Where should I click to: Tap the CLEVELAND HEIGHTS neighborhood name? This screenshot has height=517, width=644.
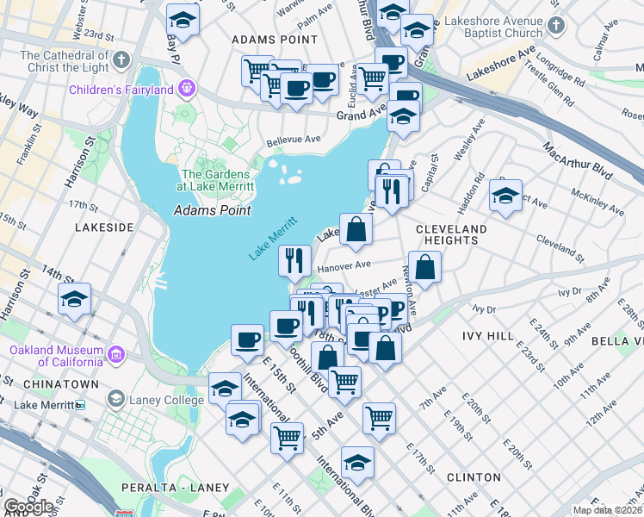point(450,234)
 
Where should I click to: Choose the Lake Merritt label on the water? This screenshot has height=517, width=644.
point(273,238)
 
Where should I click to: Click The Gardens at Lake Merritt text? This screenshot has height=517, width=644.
point(215,180)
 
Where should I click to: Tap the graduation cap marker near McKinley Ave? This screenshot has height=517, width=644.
point(506,195)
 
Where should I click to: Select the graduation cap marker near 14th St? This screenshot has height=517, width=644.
point(75,300)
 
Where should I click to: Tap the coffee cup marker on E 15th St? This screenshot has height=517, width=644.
point(247,339)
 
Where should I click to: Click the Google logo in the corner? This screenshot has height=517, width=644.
point(29,507)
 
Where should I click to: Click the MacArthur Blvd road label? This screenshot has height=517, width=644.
point(578,161)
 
